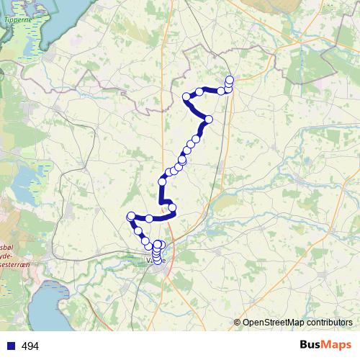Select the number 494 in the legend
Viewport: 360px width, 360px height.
(30, 346)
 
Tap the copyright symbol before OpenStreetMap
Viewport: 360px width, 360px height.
(238, 323)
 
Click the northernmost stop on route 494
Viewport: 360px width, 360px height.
(230, 79)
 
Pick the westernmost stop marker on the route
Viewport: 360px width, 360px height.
(131, 216)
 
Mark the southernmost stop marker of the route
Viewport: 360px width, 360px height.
(157, 259)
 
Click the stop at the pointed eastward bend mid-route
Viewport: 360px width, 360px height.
(209, 119)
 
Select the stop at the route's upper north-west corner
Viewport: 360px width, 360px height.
(186, 96)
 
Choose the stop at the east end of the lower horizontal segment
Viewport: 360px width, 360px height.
(172, 208)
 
